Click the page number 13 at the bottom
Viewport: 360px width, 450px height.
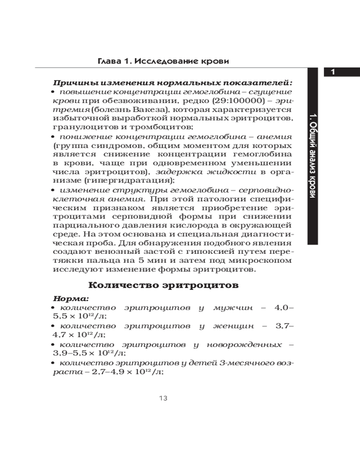point(163,398)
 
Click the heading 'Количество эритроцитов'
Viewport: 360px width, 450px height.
point(163,285)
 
